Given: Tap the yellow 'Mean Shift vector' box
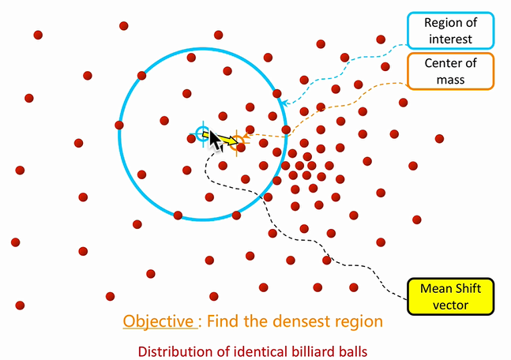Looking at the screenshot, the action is click(450, 297).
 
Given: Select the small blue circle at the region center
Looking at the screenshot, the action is click(203, 133).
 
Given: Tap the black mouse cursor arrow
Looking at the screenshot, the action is click(214, 141).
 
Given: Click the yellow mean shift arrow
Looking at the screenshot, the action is click(225, 141).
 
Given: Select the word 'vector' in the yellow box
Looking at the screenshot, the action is click(450, 305).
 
